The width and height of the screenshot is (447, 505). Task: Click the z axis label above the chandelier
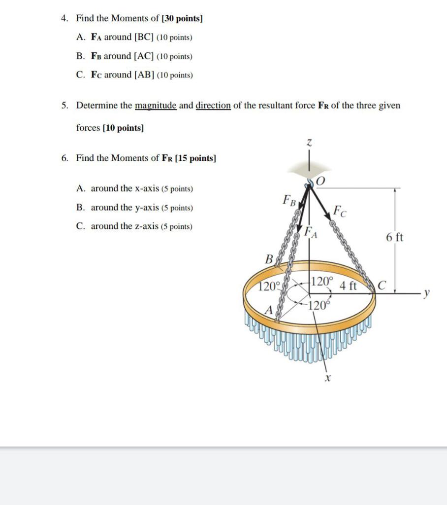tap(309, 143)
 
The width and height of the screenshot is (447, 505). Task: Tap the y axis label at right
tap(427, 293)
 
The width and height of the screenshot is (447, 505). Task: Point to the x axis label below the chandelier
tap(327, 379)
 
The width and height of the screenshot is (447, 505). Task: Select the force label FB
tap(289, 200)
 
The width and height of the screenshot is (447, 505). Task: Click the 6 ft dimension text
tap(394, 237)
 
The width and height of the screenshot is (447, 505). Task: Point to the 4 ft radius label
tap(348, 285)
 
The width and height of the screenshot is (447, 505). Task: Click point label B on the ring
tap(269, 258)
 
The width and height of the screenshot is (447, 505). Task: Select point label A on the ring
tap(269, 310)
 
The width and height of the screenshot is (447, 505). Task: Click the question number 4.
tap(64, 18)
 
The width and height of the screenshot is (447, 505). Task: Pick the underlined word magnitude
tap(156, 106)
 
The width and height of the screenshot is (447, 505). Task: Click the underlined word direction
tap(213, 106)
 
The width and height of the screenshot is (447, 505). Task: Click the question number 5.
tap(64, 106)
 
